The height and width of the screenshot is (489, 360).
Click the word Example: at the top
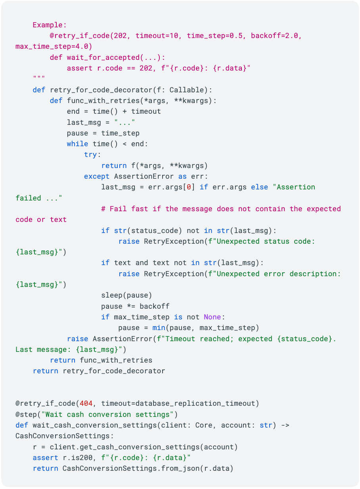50,25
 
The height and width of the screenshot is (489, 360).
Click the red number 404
86,403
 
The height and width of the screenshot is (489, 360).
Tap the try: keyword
92,155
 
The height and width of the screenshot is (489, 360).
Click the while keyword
77,144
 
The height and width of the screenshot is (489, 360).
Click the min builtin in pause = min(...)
159,328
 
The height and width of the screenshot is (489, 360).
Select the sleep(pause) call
126,295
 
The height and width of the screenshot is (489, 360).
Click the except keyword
97,176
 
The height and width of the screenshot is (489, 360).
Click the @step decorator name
26,415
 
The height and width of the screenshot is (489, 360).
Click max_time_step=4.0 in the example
54,47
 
